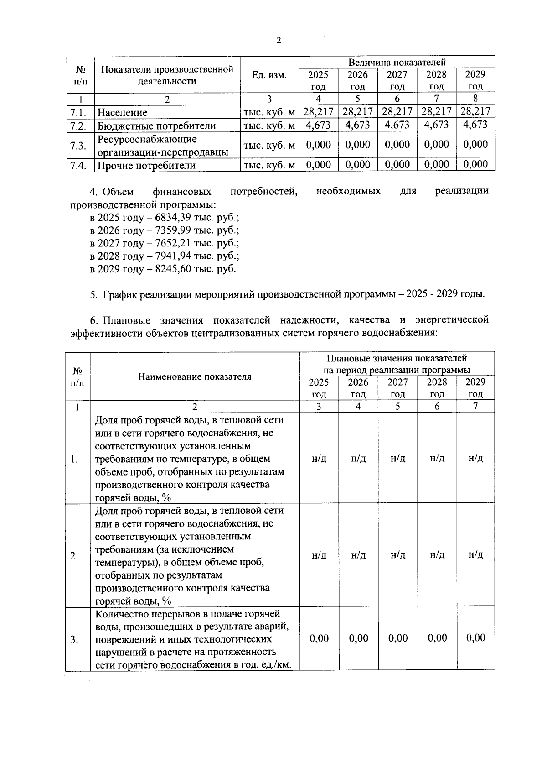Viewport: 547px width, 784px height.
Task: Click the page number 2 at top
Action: [279, 40]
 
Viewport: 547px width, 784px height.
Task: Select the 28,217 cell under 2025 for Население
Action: [318, 111]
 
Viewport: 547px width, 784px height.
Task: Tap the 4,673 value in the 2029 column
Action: [475, 125]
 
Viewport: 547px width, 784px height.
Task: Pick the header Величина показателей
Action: [397, 62]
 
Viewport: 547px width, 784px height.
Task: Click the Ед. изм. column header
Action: [269, 75]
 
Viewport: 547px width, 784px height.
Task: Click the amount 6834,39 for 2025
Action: [174, 218]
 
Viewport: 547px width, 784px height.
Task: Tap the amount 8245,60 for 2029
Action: [174, 269]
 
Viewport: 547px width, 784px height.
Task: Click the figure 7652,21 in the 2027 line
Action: [174, 243]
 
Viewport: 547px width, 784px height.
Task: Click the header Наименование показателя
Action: [195, 376]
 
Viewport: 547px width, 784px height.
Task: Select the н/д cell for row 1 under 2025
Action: [319, 458]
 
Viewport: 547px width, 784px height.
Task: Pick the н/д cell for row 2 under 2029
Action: [475, 555]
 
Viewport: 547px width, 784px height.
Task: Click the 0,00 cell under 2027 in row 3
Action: [397, 638]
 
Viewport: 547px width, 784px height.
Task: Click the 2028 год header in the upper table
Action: [436, 80]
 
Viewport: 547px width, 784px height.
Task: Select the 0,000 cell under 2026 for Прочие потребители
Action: [358, 164]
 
